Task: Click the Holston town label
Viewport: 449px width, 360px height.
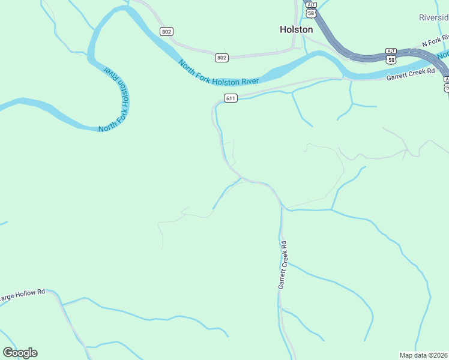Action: click(297, 29)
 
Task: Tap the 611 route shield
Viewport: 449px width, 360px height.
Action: click(231, 98)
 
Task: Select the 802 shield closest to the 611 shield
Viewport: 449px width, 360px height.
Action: click(221, 58)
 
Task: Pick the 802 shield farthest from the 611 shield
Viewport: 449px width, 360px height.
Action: click(166, 31)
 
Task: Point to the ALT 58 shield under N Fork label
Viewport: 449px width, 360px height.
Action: click(391, 55)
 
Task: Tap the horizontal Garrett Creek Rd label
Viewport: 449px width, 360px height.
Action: click(410, 74)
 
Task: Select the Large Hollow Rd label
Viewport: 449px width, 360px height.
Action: click(22, 295)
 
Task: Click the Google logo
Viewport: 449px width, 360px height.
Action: click(20, 353)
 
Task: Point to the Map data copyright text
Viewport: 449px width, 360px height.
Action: click(424, 355)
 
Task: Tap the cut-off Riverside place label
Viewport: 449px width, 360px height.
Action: click(433, 18)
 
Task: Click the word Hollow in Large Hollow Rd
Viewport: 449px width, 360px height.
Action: click(24, 295)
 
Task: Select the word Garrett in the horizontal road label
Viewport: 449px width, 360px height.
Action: click(397, 76)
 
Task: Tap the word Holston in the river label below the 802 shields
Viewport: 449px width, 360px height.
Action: click(223, 80)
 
